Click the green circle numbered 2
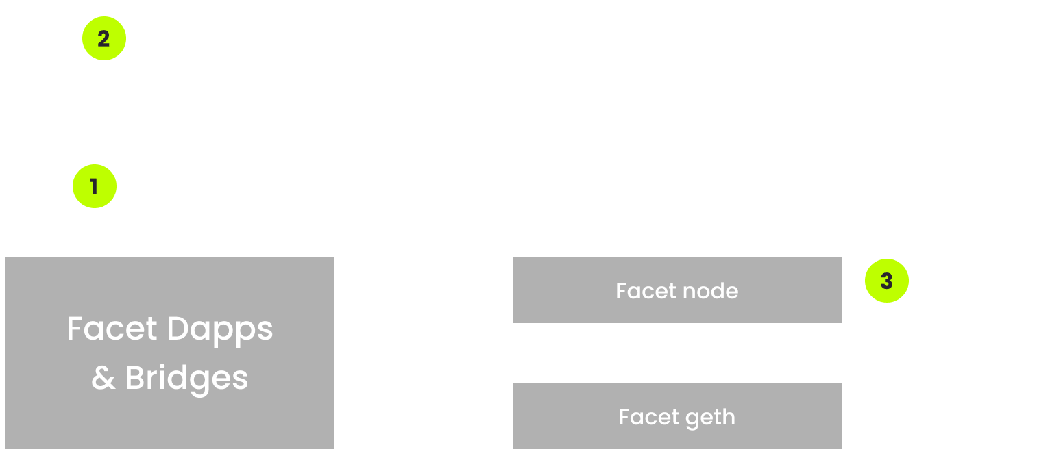tap(103, 39)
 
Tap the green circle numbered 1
tap(95, 186)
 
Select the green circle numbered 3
tap(886, 281)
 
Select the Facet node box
tap(676, 291)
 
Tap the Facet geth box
tap(676, 417)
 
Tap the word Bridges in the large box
tap(186, 378)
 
